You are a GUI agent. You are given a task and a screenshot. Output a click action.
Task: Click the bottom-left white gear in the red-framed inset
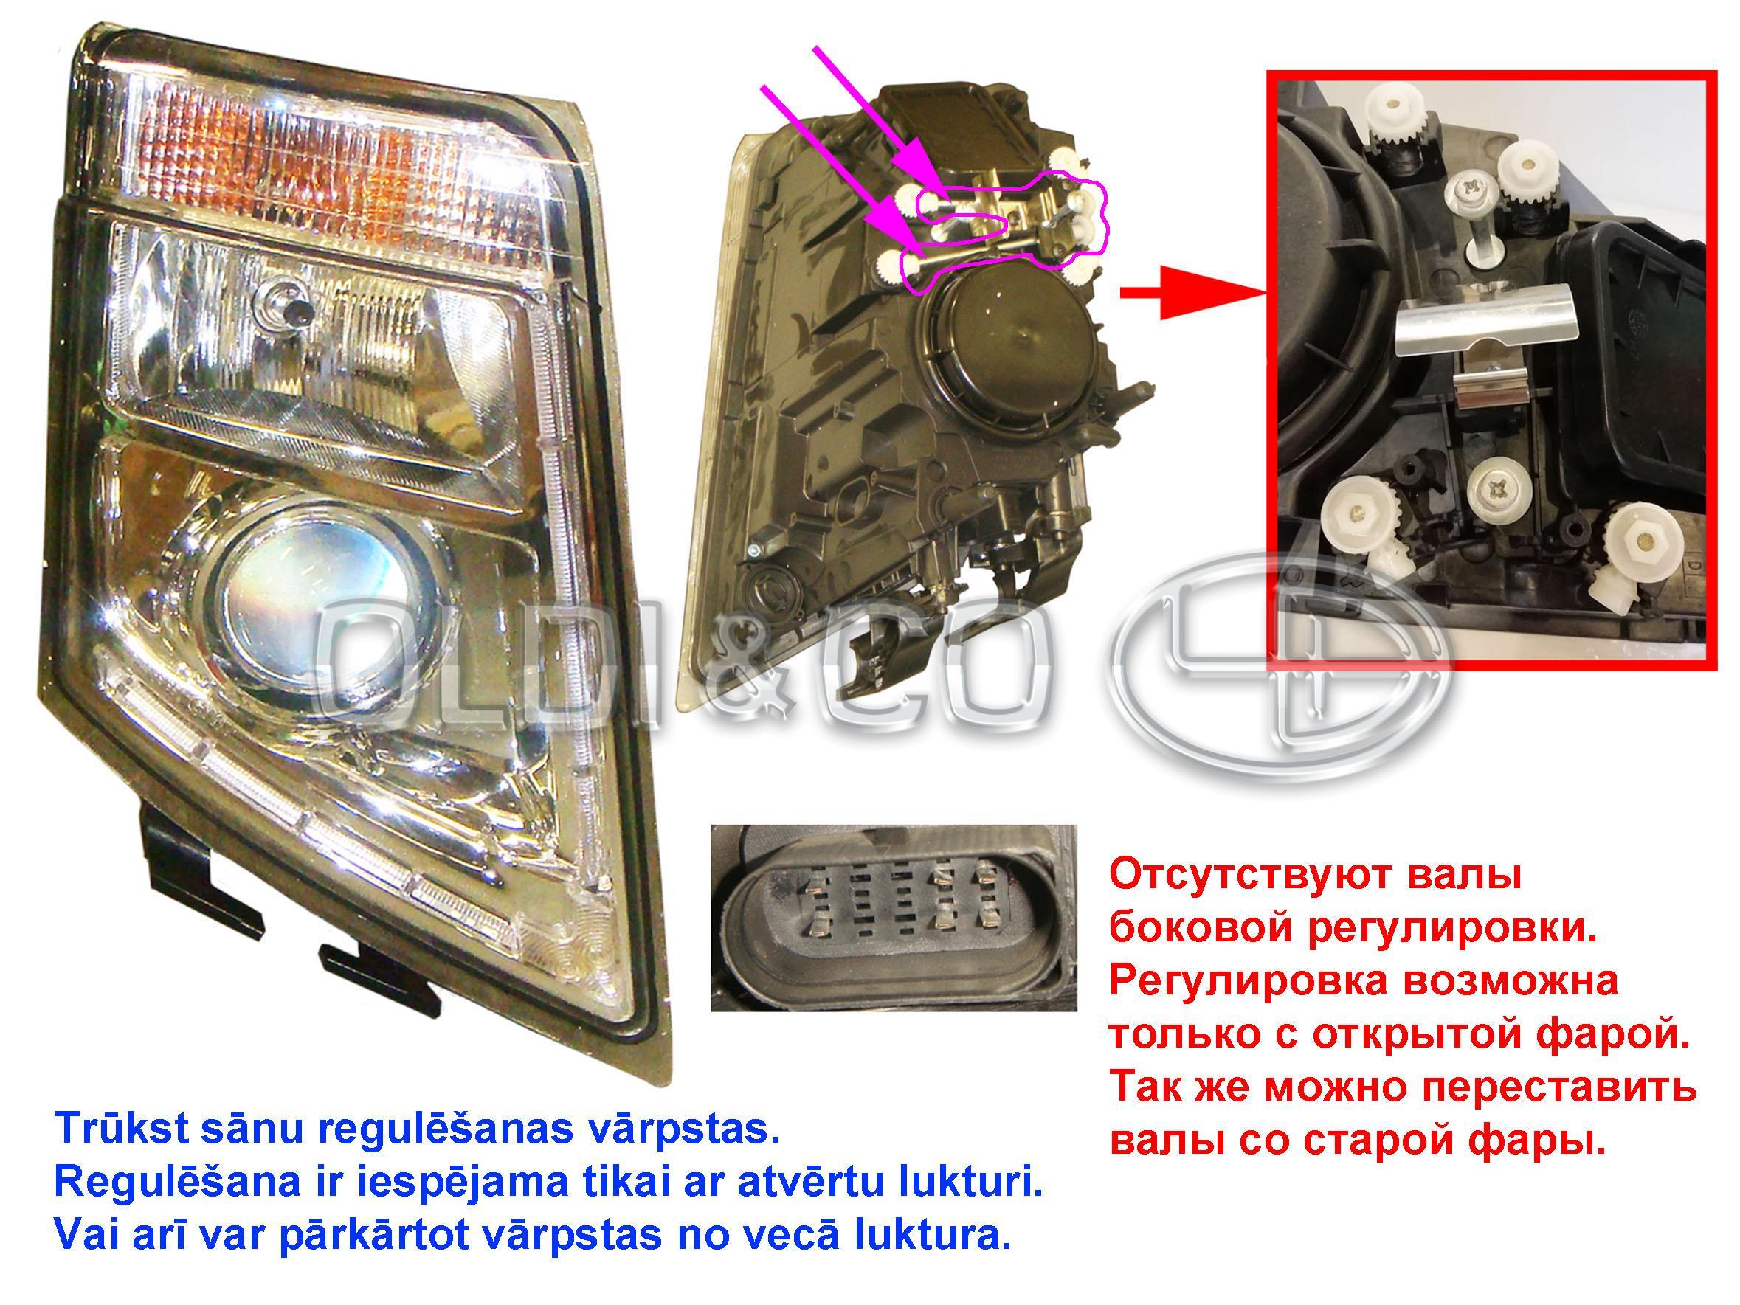(1358, 516)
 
